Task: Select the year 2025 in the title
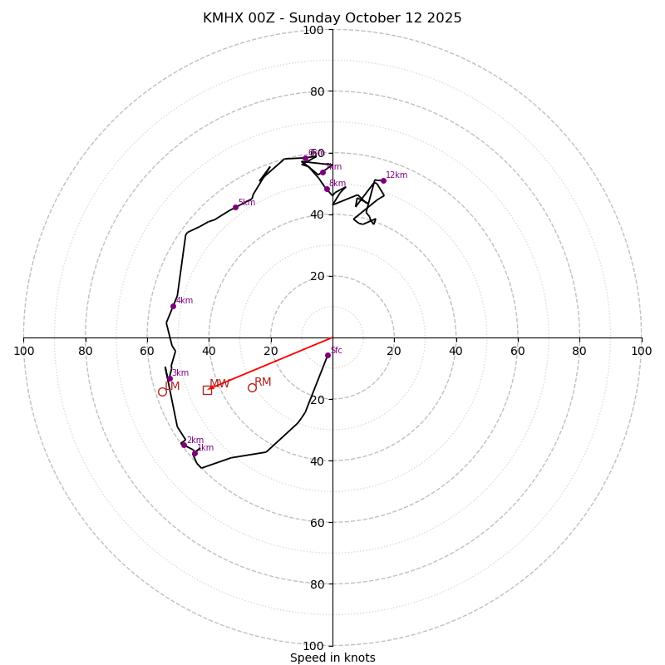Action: pos(441,18)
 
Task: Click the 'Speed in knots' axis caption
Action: pos(332,658)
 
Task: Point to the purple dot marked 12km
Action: pos(383,180)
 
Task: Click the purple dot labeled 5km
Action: pos(235,207)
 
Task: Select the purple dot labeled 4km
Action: pos(173,306)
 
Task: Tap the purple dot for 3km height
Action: pos(170,378)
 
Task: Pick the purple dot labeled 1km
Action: pos(195,453)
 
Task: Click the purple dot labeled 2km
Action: pos(184,445)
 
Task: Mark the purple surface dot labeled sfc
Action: pos(328,355)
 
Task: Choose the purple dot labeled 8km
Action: pos(327,189)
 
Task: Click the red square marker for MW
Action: pos(207,390)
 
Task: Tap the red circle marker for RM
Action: pos(252,387)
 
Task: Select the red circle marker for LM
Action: pos(162,392)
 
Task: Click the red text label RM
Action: pos(263,382)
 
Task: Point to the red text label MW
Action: pos(219,384)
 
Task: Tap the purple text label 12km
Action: pos(397,175)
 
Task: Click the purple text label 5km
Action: pos(247,203)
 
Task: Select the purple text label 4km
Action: pos(185,301)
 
